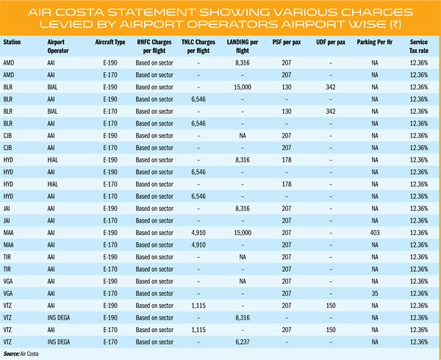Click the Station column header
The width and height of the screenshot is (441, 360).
[12, 43]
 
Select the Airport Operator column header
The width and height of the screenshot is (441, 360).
[58, 46]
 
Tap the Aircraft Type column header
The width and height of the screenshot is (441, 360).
[110, 43]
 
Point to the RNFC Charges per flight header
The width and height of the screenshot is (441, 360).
[154, 46]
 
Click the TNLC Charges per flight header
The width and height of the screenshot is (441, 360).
[198, 46]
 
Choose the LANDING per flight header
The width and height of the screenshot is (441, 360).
[243, 46]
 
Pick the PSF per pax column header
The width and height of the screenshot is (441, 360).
[287, 43]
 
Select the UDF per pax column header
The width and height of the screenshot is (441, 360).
[331, 43]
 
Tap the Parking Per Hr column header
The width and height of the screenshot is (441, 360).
[375, 43]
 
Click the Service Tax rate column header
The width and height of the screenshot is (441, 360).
[419, 46]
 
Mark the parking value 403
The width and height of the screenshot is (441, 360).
[375, 233]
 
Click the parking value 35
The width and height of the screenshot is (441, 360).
[375, 293]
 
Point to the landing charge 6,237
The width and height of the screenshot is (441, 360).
[243, 342]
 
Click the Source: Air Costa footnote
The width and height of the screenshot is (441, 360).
[21, 353]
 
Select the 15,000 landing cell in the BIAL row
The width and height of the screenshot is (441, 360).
[243, 87]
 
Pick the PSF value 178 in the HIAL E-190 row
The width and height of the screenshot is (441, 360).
[287, 160]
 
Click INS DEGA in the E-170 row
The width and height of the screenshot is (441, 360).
[59, 342]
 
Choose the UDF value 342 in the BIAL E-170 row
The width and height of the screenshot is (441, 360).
[331, 111]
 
